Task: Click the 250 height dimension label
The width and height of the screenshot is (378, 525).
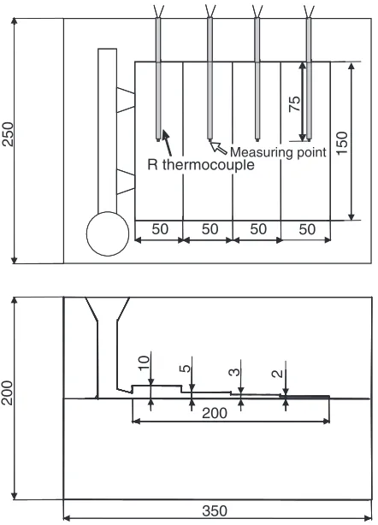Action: click(x=8, y=134)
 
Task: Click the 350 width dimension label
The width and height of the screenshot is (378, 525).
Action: click(x=215, y=511)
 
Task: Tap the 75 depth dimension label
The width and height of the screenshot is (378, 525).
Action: click(x=295, y=103)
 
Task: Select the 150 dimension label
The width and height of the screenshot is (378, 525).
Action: click(x=341, y=143)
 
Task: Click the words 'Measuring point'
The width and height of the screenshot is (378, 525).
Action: click(x=278, y=152)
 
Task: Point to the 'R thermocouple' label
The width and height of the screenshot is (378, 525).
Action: click(x=201, y=165)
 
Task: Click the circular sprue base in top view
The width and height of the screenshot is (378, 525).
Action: click(x=108, y=233)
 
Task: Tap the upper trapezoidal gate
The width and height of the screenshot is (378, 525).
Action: click(x=126, y=100)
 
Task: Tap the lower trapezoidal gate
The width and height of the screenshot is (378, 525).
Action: click(x=126, y=182)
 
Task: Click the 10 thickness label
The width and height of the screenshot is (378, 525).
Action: click(x=144, y=363)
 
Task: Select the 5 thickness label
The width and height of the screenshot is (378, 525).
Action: click(x=185, y=369)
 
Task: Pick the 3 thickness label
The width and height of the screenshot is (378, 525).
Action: click(x=234, y=372)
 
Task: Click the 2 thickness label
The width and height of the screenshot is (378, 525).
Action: click(x=278, y=374)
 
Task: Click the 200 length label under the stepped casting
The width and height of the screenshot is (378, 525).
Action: click(x=215, y=413)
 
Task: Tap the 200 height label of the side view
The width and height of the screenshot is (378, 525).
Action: click(x=7, y=392)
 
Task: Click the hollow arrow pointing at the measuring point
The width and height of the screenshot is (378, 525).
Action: click(x=219, y=148)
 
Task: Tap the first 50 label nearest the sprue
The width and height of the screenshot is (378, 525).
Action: click(x=160, y=229)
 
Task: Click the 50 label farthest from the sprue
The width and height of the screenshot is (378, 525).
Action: click(x=307, y=229)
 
